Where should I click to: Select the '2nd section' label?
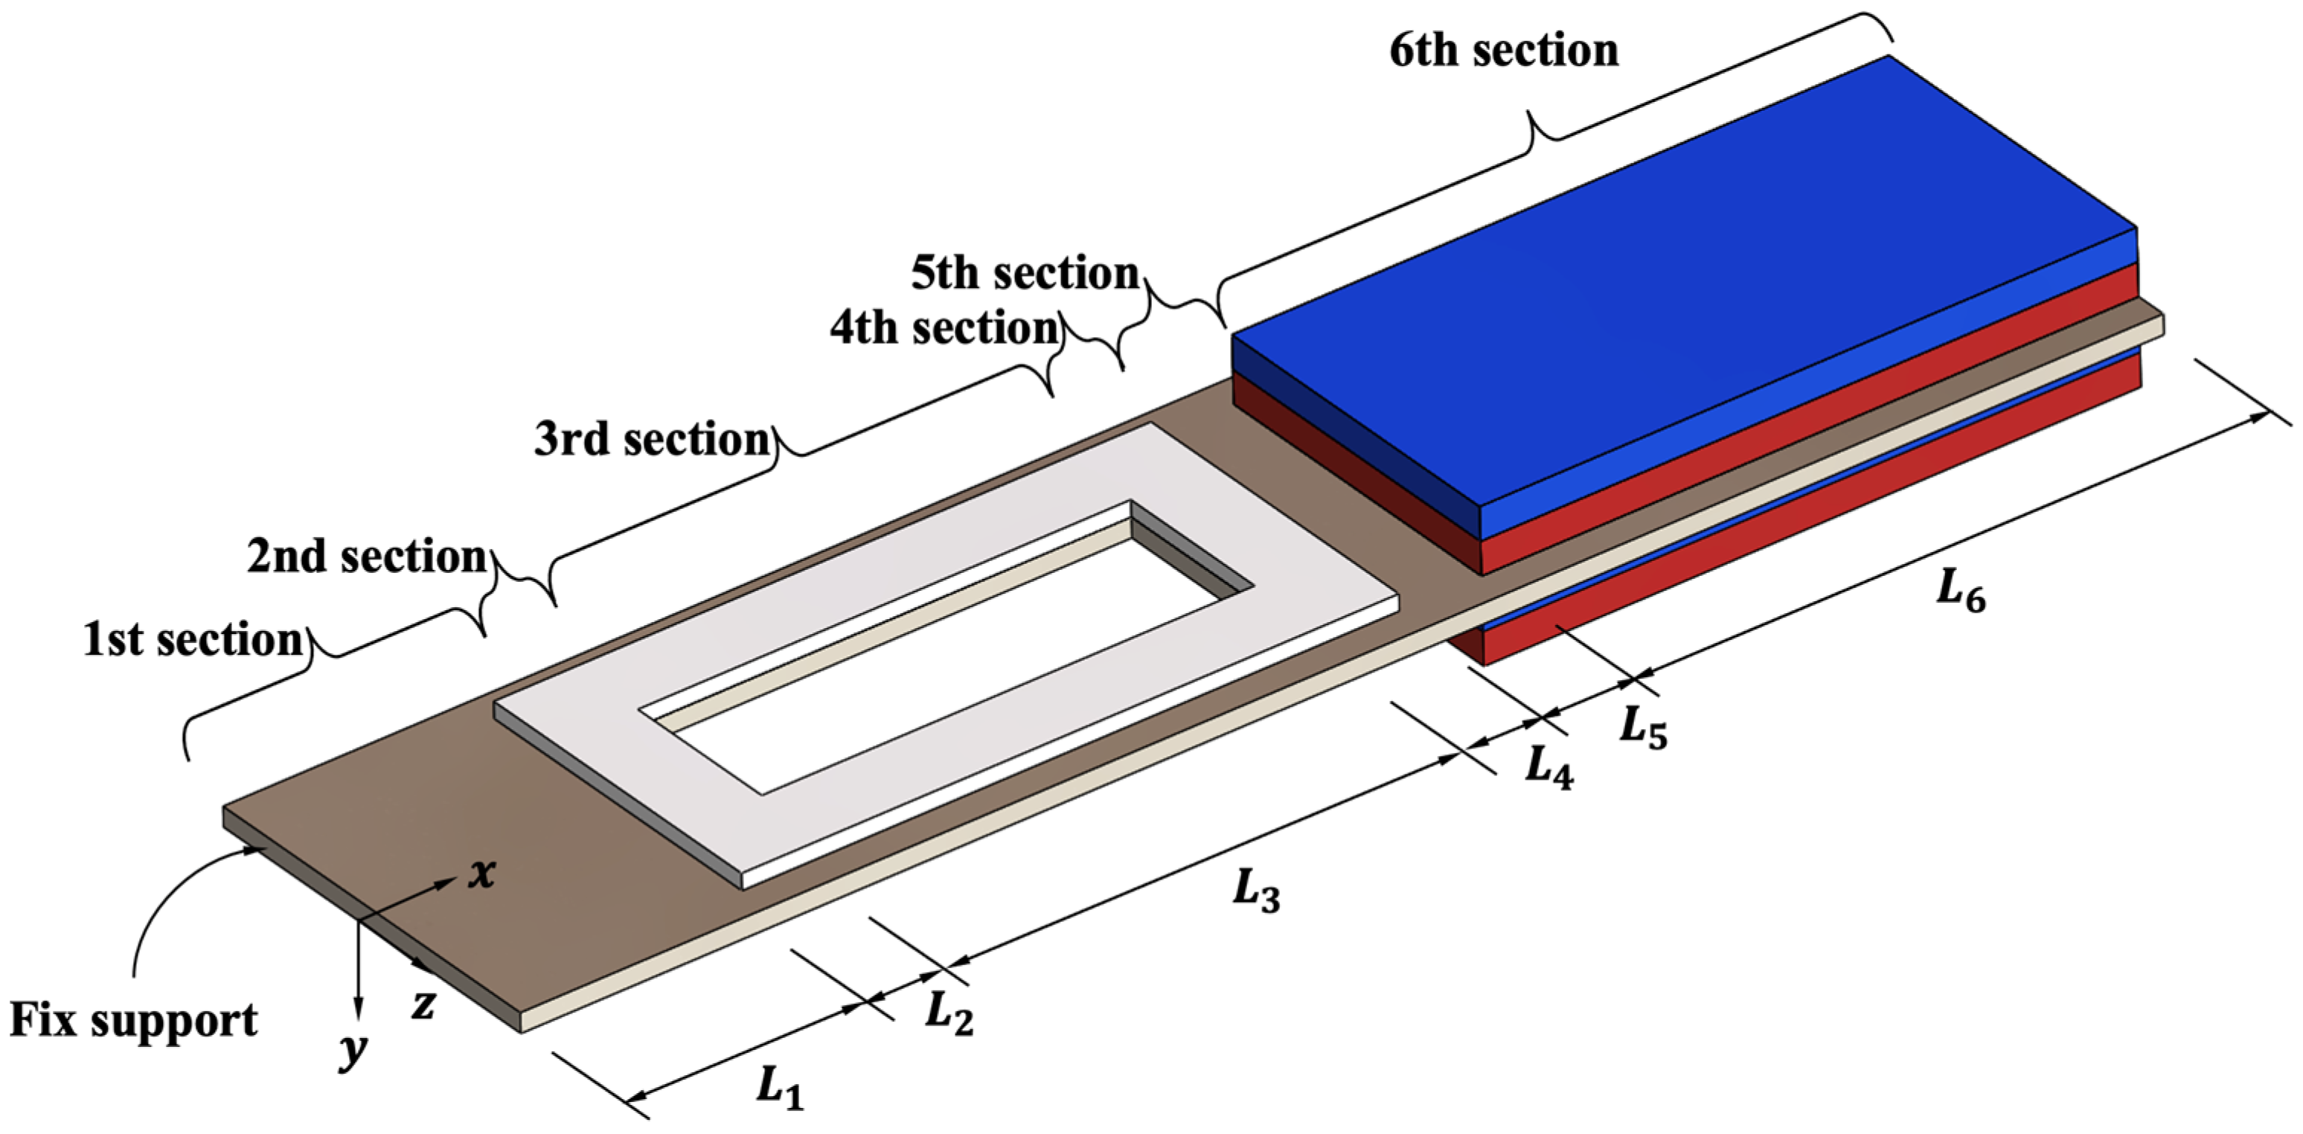(367, 557)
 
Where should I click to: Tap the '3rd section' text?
(652, 439)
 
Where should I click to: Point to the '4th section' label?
(944, 328)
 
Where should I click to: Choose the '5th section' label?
(1025, 273)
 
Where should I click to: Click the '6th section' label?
(1504, 50)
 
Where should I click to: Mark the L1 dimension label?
(780, 1089)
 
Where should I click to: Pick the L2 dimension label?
(949, 1013)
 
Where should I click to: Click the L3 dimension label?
(1255, 891)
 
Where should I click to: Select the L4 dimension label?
(1548, 767)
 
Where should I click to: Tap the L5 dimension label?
(1643, 727)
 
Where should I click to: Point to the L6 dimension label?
(1961, 592)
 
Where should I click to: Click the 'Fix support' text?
(133, 1020)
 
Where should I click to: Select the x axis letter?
(483, 872)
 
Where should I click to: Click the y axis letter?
(353, 1050)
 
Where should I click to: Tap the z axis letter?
(423, 1005)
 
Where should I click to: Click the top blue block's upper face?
(1681, 286)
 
